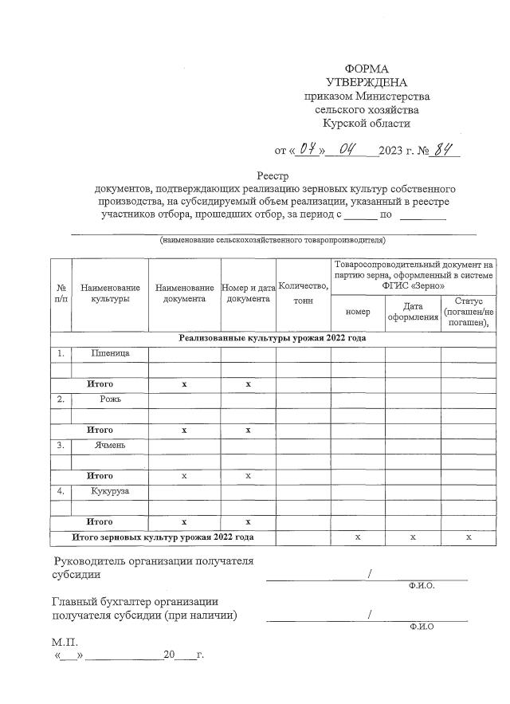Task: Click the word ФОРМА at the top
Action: coord(366,69)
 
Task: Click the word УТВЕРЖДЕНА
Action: coord(366,83)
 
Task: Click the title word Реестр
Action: coord(273,175)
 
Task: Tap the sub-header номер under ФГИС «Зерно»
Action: coord(358,311)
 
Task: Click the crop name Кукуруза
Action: coord(110,491)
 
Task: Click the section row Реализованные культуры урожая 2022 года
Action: coord(272,337)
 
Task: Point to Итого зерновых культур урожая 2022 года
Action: coord(163,537)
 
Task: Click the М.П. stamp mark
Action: coord(65,640)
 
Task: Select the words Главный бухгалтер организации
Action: coord(135,601)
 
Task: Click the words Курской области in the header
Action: coord(366,124)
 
